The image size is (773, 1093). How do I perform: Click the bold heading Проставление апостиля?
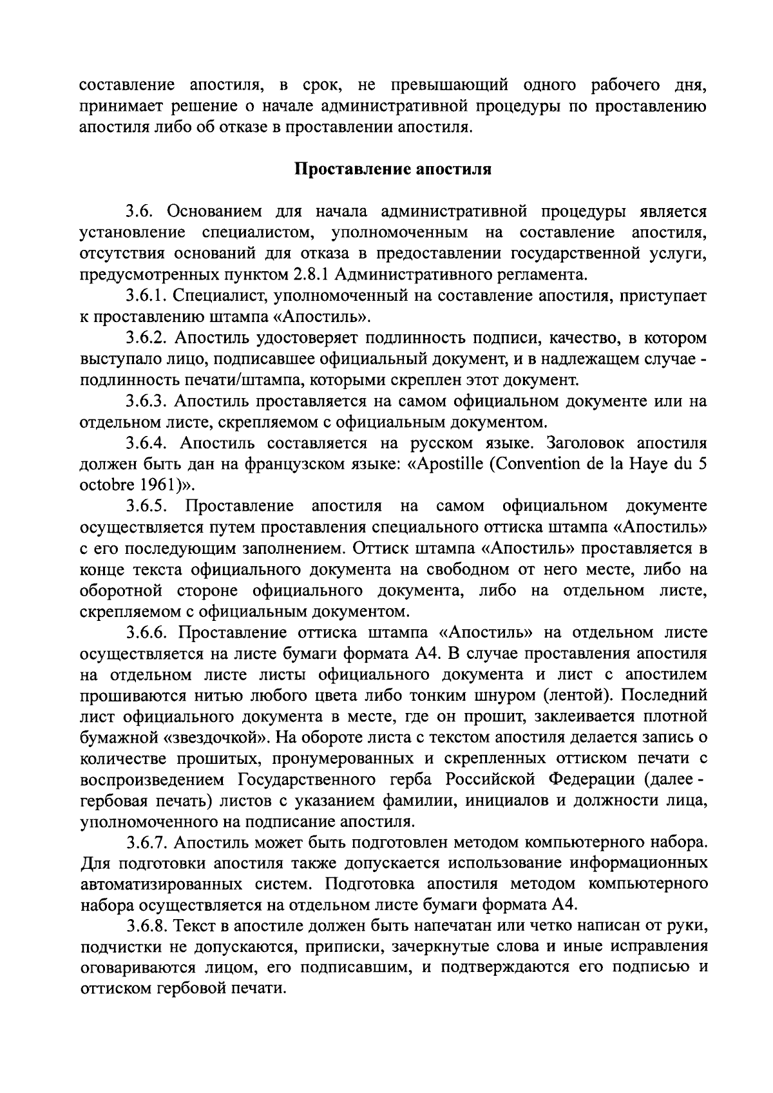[393, 169]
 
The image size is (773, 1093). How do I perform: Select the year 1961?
[142, 485]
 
